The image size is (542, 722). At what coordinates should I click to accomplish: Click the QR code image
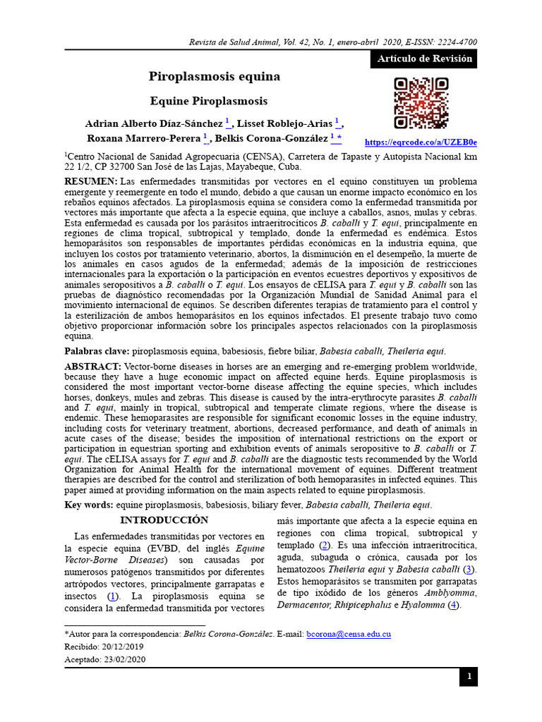[421, 104]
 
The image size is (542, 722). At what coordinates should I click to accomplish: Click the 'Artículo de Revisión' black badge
[424, 59]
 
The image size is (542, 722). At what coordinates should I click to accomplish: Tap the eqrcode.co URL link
[421, 142]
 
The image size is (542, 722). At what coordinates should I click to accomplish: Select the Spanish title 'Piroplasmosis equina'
[215, 76]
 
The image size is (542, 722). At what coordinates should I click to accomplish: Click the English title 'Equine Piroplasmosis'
[215, 101]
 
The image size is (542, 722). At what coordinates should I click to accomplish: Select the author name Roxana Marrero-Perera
[144, 138]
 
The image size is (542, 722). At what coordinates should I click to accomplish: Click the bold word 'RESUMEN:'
[91, 182]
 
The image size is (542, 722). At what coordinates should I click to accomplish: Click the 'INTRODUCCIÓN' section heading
[164, 520]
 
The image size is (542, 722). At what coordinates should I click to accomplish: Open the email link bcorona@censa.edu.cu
[349, 635]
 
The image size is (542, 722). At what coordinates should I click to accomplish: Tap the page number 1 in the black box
[468, 678]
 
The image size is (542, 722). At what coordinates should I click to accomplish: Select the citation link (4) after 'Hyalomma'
[454, 605]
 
